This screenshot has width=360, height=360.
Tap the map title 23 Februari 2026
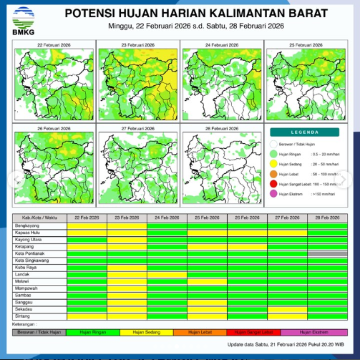click(138, 45)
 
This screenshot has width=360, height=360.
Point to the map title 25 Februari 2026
click(306, 45)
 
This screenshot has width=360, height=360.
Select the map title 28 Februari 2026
click(222, 128)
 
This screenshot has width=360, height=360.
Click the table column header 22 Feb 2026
click(86, 217)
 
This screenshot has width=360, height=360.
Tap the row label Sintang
click(23, 314)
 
